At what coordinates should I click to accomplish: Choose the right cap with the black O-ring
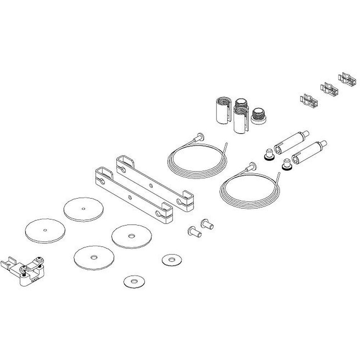tap(287, 165)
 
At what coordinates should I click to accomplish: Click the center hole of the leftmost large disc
tap(45, 230)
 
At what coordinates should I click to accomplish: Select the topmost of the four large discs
tap(84, 208)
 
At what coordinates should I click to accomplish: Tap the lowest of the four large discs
tap(94, 256)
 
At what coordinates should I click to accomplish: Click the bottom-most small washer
tap(134, 280)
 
